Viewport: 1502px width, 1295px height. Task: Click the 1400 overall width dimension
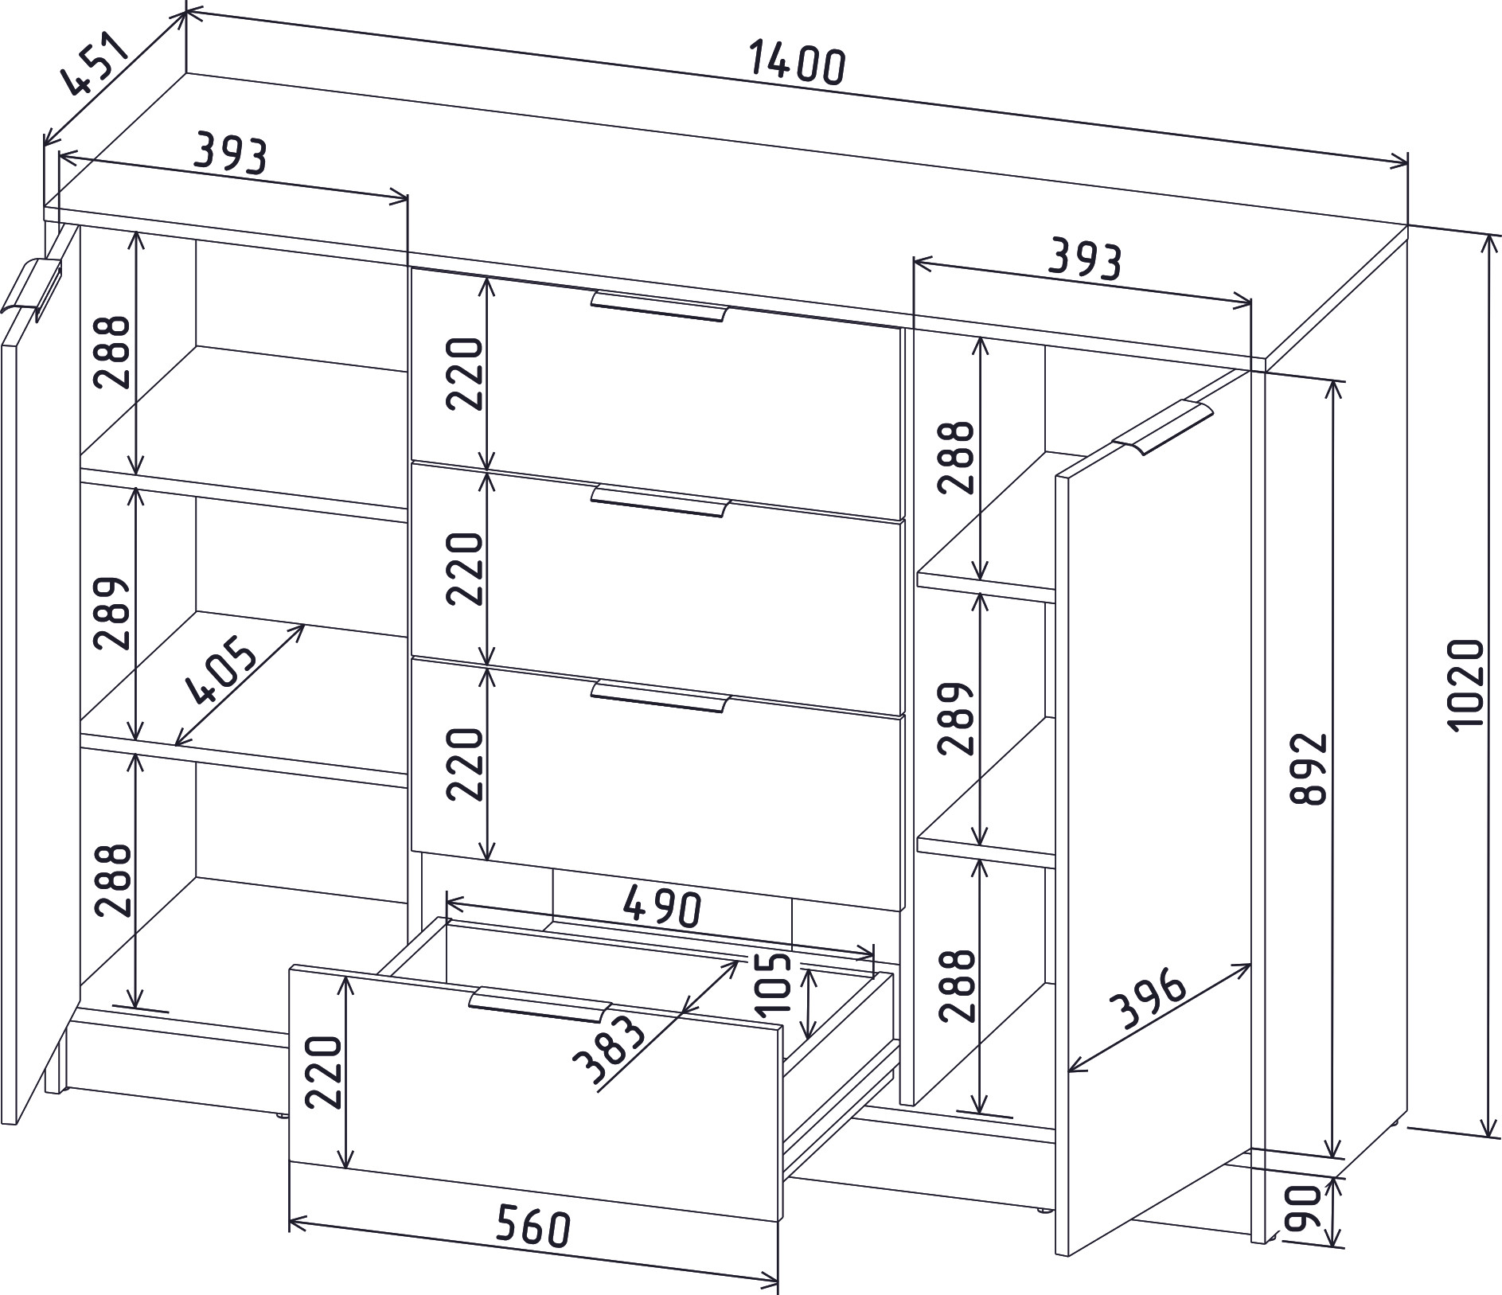795,65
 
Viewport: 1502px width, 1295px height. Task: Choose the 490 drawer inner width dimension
663,907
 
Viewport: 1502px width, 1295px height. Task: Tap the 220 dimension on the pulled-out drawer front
323,1072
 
